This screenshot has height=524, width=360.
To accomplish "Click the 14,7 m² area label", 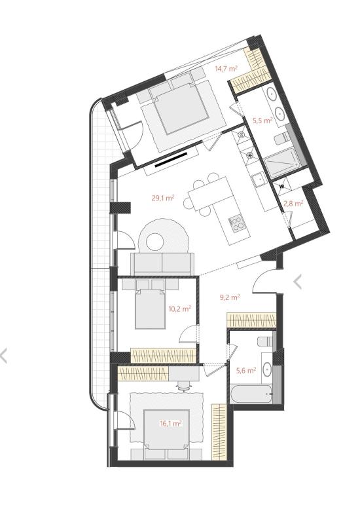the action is point(226,69).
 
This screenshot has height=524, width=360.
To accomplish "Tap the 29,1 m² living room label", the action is point(163,198).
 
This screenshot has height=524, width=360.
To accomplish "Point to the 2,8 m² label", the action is point(293,203).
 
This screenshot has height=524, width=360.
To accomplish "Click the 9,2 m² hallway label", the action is point(230,297).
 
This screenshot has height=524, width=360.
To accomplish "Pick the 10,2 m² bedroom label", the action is point(179,309).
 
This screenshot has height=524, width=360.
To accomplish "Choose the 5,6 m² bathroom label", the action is point(246,370).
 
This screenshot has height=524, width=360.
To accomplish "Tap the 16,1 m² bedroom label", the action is point(171,424).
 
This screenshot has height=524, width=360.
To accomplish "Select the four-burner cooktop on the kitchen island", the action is point(237,223).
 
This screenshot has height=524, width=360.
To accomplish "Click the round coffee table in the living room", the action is point(155,242).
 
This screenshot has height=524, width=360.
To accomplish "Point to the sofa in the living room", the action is point(162,264).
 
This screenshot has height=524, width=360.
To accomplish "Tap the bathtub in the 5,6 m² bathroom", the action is point(251,394).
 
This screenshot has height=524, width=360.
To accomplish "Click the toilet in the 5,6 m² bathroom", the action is point(265,341).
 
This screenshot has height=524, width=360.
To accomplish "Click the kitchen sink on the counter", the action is point(259,179).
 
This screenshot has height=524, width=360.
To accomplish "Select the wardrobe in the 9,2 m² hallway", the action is point(251,320).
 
